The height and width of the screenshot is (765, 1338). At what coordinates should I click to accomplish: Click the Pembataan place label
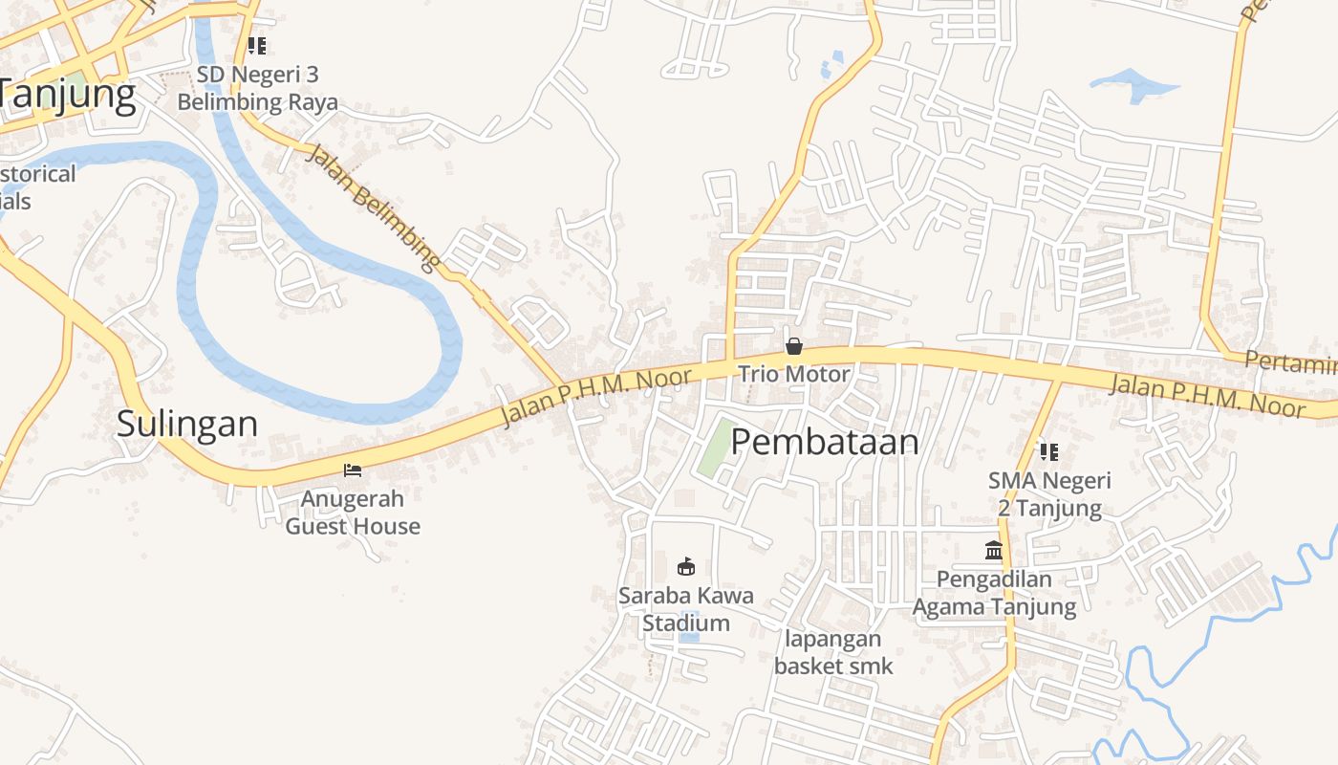825,442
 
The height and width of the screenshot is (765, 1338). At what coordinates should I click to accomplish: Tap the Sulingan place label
187,423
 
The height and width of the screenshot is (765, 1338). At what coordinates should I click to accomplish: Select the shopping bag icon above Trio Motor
793,346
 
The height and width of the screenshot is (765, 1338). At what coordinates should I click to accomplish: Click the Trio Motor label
793,374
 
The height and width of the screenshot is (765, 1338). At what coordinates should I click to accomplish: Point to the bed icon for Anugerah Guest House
353,470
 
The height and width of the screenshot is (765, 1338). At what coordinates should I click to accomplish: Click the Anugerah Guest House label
353,513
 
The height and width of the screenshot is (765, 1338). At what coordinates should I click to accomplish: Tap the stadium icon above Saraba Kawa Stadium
685,566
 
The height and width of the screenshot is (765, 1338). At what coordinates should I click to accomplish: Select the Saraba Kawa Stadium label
685,609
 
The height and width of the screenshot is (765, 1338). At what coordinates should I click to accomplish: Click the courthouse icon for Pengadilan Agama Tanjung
994,551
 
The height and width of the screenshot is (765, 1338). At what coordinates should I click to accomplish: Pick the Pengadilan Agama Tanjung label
994,593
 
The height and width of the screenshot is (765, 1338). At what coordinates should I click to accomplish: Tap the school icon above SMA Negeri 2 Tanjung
1049,451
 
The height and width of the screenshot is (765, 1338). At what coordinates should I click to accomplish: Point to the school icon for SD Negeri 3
256,45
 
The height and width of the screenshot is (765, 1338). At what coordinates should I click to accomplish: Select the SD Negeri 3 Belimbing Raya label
257,88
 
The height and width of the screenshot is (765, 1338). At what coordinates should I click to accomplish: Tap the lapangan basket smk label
833,652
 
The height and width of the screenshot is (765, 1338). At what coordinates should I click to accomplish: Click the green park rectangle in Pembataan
719,448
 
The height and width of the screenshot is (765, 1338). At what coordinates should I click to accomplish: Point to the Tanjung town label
67,95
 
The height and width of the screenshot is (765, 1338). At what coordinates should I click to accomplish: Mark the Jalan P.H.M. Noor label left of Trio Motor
595,395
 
